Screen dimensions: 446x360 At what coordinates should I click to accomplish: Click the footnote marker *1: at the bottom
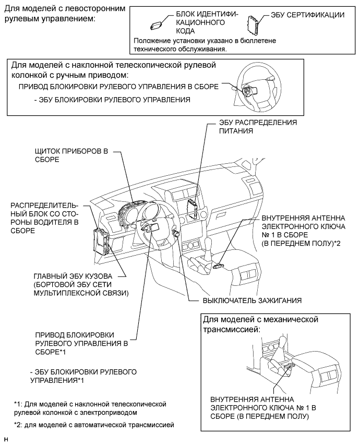tap(20, 404)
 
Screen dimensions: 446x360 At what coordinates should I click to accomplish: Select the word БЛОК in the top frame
tap(183, 15)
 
